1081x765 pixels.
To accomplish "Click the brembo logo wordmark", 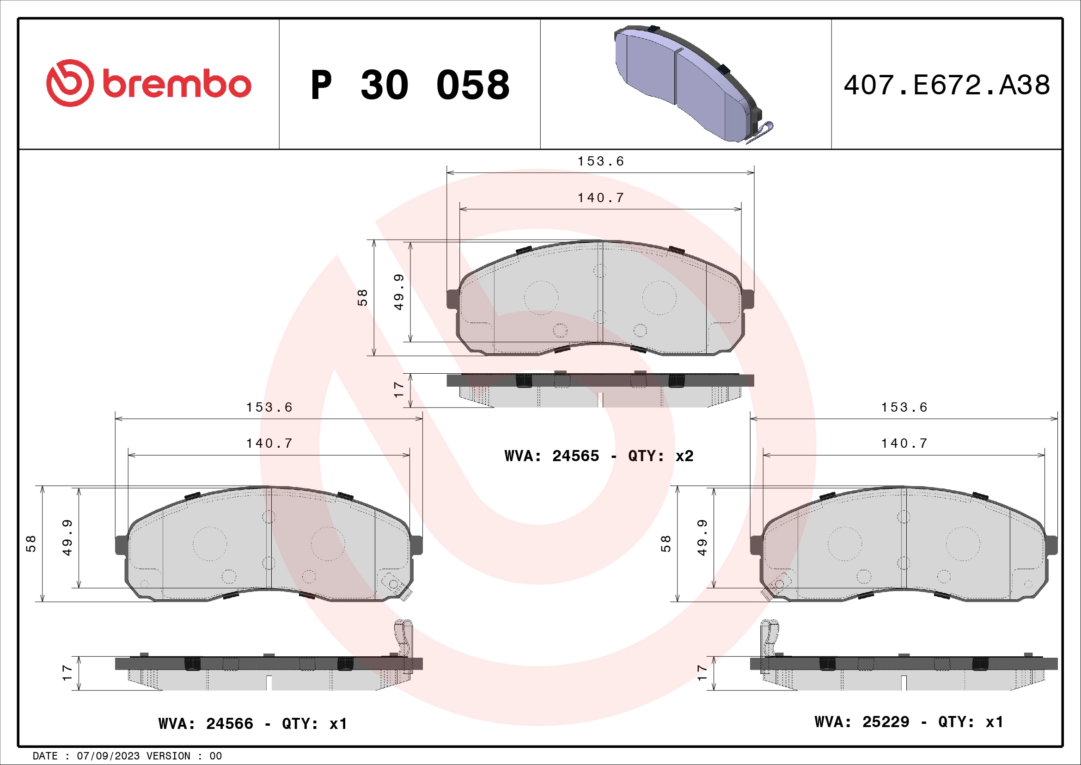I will (x=177, y=85).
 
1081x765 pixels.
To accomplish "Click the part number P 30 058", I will (x=409, y=85).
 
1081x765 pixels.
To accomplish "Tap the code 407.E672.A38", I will (x=947, y=85).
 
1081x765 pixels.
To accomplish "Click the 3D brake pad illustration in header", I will (x=687, y=82).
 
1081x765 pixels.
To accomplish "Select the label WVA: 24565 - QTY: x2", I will (x=599, y=456).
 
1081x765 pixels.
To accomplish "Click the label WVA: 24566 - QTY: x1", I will (x=253, y=723).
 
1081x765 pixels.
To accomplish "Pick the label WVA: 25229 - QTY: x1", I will (x=909, y=722).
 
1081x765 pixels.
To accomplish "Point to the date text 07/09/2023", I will (x=108, y=756).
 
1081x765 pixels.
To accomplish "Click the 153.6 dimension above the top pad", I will (x=600, y=161).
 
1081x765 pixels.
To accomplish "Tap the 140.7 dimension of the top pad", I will (x=600, y=198).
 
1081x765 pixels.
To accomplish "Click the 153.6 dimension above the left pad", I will (x=269, y=407).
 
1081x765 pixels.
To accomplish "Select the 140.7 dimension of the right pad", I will (x=904, y=444).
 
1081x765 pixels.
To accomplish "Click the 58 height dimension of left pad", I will (x=31, y=543).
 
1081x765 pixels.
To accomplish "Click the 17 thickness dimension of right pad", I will (x=702, y=672).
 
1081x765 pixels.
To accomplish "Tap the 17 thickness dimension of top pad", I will (x=399, y=390).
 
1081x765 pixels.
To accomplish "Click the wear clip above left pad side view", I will (x=403, y=638).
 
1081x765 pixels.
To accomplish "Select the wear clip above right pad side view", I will (x=769, y=638).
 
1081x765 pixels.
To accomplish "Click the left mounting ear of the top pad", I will (x=452, y=299).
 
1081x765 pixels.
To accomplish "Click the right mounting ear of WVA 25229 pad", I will (x=1051, y=545).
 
